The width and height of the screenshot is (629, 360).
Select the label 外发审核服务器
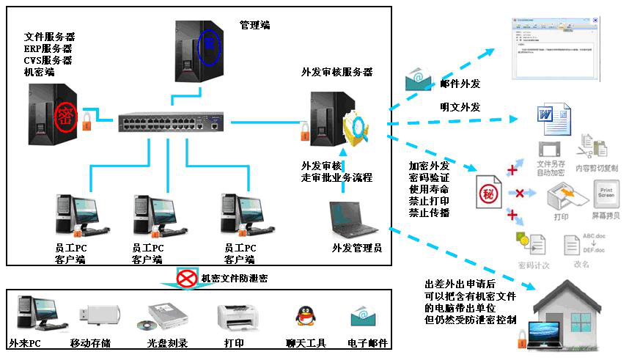point(337,72)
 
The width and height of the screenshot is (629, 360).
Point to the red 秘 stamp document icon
point(487,194)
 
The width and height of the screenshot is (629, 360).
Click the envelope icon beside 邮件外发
point(419,78)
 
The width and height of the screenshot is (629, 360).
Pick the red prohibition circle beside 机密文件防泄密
point(186,278)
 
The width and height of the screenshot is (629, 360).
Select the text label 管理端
point(254,25)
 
